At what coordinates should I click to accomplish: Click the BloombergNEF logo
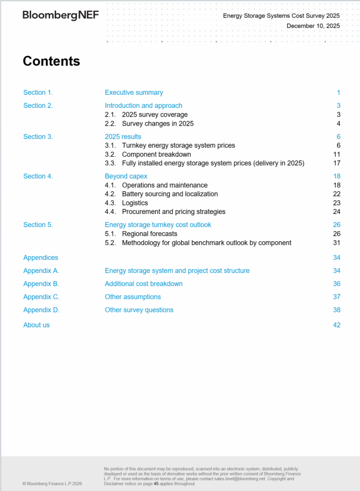61,15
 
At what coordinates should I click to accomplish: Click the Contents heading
51,61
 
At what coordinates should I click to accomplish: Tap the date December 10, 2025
313,26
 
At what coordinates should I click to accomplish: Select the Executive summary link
134,92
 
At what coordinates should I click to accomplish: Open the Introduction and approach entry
143,105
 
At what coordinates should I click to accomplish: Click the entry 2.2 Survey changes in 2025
157,123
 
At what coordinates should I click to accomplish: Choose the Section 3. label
38,136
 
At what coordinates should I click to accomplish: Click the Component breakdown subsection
156,154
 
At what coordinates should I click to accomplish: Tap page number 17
337,163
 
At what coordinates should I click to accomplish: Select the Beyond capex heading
126,176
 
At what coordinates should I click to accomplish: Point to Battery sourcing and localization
170,194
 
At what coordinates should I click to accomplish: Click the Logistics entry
135,203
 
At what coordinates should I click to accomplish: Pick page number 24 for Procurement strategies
337,212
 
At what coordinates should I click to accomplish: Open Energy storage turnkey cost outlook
158,225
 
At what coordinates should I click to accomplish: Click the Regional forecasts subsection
149,234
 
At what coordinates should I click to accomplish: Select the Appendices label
41,257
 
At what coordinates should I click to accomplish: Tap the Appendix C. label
41,297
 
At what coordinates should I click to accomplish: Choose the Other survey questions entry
139,310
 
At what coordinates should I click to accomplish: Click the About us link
36,325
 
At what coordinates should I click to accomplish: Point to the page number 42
337,325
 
